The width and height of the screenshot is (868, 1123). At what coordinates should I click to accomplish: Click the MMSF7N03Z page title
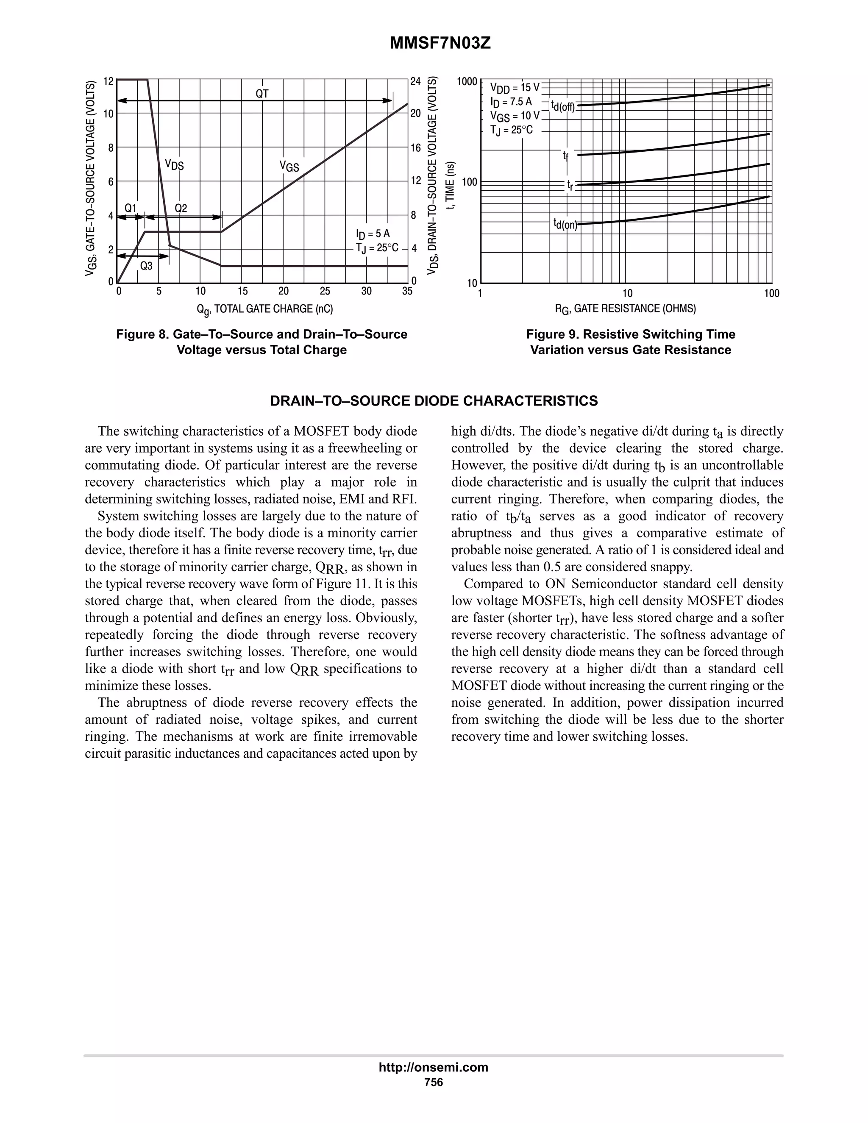[440, 43]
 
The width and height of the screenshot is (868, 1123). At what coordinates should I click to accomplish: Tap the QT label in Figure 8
[262, 94]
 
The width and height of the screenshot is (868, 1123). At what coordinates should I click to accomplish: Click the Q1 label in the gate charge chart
[131, 208]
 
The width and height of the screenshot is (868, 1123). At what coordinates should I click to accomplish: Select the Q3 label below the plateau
[146, 266]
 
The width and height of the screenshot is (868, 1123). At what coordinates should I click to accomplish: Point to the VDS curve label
[174, 164]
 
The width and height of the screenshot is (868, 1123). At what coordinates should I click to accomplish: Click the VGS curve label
[289, 166]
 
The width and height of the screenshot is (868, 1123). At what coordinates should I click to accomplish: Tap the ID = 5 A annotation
[373, 234]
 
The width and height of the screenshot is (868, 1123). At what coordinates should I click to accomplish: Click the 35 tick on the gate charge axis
[407, 292]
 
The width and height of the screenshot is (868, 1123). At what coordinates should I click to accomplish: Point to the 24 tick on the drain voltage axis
[415, 82]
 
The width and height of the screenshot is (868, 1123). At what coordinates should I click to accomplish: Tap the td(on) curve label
[565, 224]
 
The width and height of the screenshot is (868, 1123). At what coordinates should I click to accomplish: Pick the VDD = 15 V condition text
[515, 87]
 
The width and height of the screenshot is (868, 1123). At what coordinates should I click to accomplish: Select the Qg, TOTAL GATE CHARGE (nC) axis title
[264, 309]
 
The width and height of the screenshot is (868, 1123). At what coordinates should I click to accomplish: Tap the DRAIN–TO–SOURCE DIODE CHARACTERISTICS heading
[434, 401]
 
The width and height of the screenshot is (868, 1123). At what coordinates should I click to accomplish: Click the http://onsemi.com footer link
[433, 1067]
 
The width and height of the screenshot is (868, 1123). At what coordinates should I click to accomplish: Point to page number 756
[433, 1082]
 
